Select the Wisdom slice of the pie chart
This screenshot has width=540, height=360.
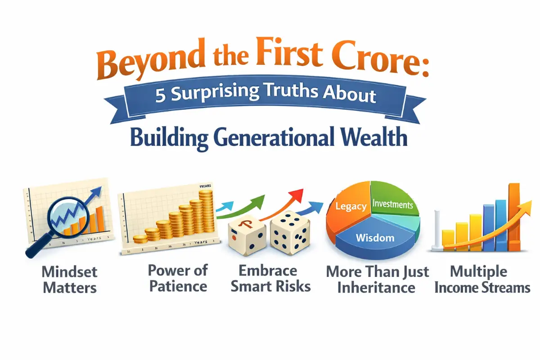pyautogui.click(x=375, y=237)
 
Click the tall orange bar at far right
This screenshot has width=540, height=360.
pyautogui.click(x=514, y=216)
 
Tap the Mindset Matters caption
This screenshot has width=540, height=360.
pyautogui.click(x=69, y=279)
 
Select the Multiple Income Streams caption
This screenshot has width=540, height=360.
pyautogui.click(x=482, y=279)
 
